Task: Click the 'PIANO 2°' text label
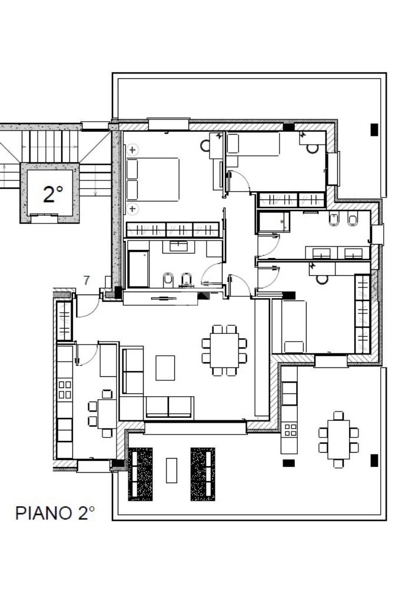tap(55, 513)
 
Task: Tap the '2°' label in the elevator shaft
tap(52, 194)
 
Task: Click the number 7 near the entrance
tap(87, 280)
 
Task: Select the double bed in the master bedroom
tap(153, 179)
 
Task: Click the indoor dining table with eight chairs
tap(224, 350)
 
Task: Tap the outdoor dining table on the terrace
tap(338, 440)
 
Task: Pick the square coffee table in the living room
tap(165, 367)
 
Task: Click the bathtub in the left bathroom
tap(138, 269)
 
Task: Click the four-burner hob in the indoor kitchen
tap(65, 390)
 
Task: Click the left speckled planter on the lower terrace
tap(140, 474)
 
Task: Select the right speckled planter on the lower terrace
tap(202, 474)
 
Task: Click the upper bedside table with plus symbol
tap(132, 150)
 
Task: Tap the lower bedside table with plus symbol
tap(132, 209)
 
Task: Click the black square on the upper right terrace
tap(374, 129)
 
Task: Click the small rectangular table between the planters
tap(171, 470)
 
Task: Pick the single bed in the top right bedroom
tap(253, 145)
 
